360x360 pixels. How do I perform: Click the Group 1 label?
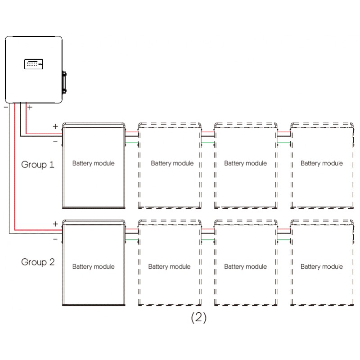tap(38, 165)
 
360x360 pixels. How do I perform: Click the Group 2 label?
tap(38, 262)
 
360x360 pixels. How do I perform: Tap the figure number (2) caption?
tap(199, 318)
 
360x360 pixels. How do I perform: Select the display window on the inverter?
tap(34, 64)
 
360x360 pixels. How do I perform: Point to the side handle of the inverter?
tap(64, 82)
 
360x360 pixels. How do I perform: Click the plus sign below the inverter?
tap(30, 107)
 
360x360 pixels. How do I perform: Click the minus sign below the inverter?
tap(6, 107)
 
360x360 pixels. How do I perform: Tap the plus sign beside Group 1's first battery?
tap(55, 126)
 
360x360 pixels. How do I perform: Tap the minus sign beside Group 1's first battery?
tap(55, 142)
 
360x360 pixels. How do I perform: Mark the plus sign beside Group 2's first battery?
tap(55, 224)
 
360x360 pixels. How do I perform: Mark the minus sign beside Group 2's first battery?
tap(55, 239)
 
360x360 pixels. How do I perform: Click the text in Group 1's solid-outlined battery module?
tap(94, 163)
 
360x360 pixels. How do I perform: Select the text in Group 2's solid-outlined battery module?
tap(94, 266)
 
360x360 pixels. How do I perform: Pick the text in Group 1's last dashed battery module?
tap(322, 163)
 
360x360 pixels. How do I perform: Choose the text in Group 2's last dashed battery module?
tap(322, 266)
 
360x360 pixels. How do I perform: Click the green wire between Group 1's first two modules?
tap(132, 143)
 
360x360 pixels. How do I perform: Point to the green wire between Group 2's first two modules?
tap(132, 240)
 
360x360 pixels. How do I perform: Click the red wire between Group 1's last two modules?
tap(284, 132)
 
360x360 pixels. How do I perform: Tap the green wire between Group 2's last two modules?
tap(284, 240)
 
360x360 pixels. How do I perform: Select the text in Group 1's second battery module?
tap(172, 163)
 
